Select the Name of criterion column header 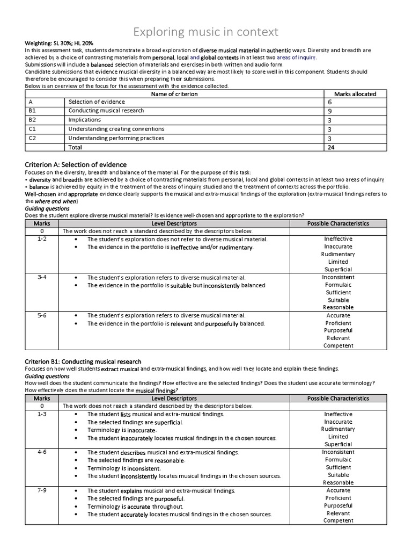click(x=174, y=94)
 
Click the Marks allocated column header click(x=355, y=94)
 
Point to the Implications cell click(x=85, y=120)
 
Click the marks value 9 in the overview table click(x=329, y=111)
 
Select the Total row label click(x=76, y=147)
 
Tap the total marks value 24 click(x=331, y=147)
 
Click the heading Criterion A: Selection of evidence click(x=76, y=164)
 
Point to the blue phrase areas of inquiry click(x=297, y=57)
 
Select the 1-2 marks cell click(x=42, y=239)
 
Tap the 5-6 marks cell click(x=42, y=316)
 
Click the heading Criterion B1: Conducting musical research click(x=83, y=361)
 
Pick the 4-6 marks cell click(x=42, y=452)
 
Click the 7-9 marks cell click(x=42, y=490)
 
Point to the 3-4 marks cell click(x=42, y=277)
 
